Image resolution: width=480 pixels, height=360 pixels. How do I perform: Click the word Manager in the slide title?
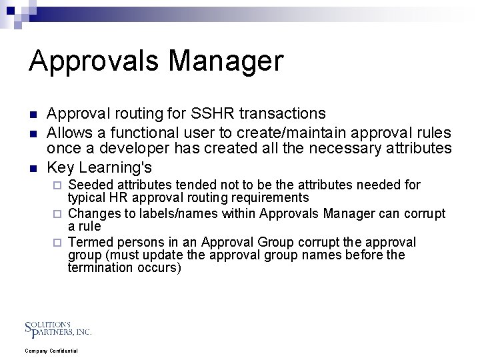coord(228,62)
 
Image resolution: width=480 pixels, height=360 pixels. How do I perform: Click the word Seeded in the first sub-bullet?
coord(90,185)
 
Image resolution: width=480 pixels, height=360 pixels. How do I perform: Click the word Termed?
coord(90,242)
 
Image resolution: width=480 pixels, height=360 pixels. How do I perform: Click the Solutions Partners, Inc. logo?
coord(58,327)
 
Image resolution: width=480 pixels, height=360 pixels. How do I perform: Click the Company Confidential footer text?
coord(51,351)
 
